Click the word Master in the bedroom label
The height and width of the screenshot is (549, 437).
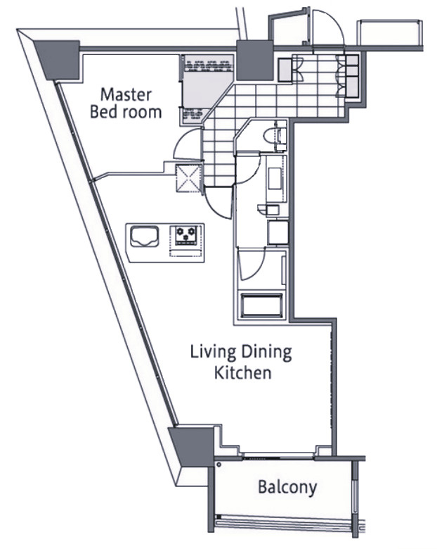[x=126, y=95]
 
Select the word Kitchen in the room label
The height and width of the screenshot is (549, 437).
[x=242, y=372]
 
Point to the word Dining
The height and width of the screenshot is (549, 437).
[x=266, y=352]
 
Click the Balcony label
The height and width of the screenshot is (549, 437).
[x=287, y=487]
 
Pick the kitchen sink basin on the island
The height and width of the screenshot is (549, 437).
[x=145, y=236]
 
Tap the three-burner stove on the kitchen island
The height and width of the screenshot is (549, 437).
[x=185, y=234]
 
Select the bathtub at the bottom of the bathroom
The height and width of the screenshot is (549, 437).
[x=261, y=305]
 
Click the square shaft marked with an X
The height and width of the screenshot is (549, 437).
[x=189, y=178]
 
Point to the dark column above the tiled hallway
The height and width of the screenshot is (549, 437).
[x=254, y=61]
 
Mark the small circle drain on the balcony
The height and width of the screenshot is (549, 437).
[x=218, y=465]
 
